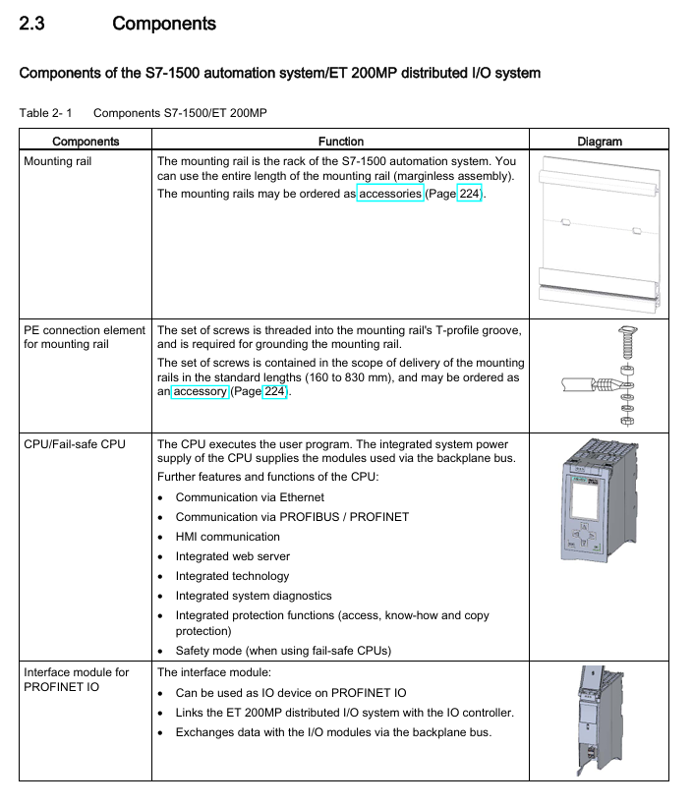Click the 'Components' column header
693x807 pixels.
click(x=86, y=142)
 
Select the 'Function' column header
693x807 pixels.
click(x=341, y=142)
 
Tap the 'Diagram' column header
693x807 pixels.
click(x=600, y=142)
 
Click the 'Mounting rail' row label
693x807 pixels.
click(x=57, y=161)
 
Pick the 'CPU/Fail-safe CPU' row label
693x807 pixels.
click(x=75, y=444)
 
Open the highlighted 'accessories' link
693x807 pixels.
click(x=390, y=194)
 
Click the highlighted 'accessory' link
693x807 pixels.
click(x=200, y=391)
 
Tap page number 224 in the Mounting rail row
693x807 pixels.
click(x=470, y=194)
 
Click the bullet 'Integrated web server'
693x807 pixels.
click(x=232, y=556)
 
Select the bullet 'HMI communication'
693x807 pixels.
click(x=227, y=537)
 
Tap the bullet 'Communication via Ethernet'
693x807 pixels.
click(x=250, y=497)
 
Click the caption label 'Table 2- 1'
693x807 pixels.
click(x=46, y=113)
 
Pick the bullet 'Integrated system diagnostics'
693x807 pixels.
click(x=254, y=596)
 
